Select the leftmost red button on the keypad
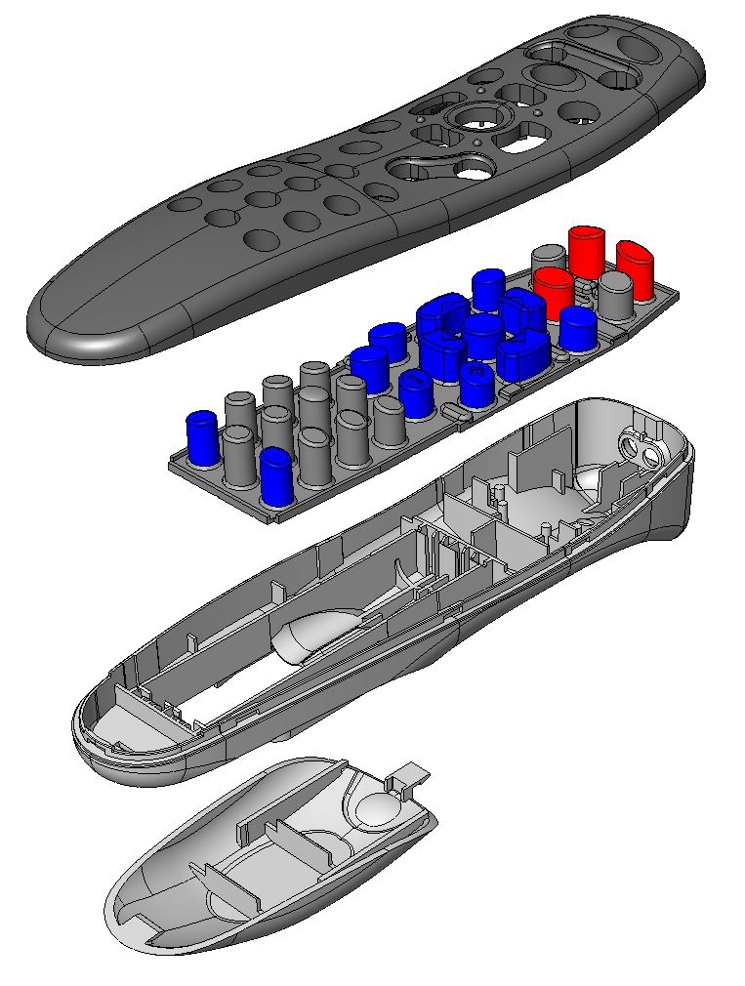pyautogui.click(x=554, y=291)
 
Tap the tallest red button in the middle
pyautogui.click(x=587, y=252)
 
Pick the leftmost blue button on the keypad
pyautogui.click(x=201, y=436)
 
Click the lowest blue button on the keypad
pyautogui.click(x=275, y=475)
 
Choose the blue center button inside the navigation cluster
pyautogui.click(x=482, y=335)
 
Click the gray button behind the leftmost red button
pyautogui.click(x=548, y=262)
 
